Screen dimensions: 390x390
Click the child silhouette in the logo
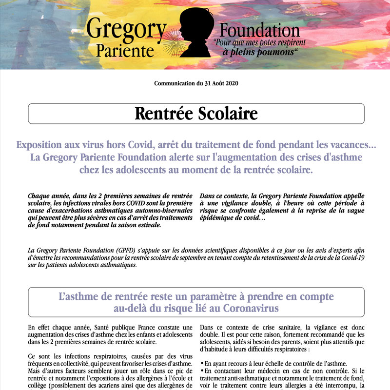pyautogui.click(x=195, y=32)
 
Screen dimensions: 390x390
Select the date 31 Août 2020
pyautogui.click(x=221, y=83)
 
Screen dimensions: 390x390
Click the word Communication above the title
pyautogui.click(x=175, y=83)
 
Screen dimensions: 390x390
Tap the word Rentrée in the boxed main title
pyautogui.click(x=163, y=114)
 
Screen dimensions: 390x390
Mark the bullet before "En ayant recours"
pyautogui.click(x=202, y=364)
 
